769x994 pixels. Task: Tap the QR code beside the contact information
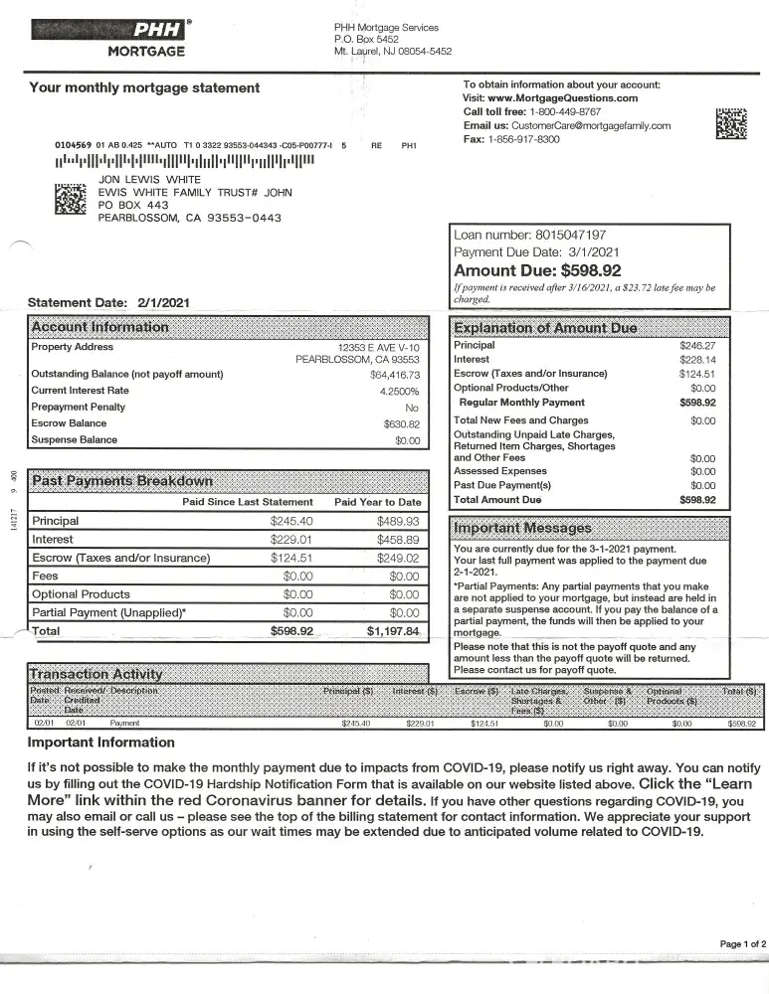click(x=731, y=122)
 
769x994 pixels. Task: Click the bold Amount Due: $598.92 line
click(x=537, y=270)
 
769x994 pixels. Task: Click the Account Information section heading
click(x=100, y=327)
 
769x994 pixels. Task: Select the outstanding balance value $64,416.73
click(x=395, y=375)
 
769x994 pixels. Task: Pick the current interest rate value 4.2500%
click(x=399, y=391)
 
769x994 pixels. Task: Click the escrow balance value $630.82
click(x=402, y=423)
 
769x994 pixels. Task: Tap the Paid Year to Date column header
click(x=377, y=502)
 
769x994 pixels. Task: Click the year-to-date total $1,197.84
click(x=393, y=631)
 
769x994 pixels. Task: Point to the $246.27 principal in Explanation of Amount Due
click(x=697, y=345)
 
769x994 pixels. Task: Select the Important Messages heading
click(x=522, y=527)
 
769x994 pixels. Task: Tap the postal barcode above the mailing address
click(x=184, y=161)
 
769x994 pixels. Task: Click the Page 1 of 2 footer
click(x=742, y=943)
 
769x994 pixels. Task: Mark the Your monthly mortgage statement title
click(x=144, y=87)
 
